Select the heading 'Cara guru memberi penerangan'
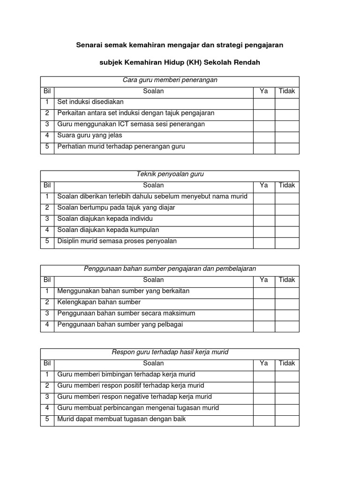click(170, 80)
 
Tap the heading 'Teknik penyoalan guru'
click(170, 174)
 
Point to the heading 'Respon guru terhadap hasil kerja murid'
click(170, 352)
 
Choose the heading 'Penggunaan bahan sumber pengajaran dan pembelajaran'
click(170, 269)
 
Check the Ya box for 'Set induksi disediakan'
click(264, 102)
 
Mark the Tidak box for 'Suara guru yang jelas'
click(287, 135)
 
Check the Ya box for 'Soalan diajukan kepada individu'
click(264, 219)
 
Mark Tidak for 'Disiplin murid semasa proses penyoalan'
click(287, 241)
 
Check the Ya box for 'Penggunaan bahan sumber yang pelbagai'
click(264, 325)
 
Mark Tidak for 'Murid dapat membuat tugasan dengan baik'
click(287, 419)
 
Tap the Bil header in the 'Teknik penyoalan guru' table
click(47, 185)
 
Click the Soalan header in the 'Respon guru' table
click(153, 363)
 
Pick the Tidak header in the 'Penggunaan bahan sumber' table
click(287, 280)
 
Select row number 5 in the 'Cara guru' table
click(47, 147)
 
